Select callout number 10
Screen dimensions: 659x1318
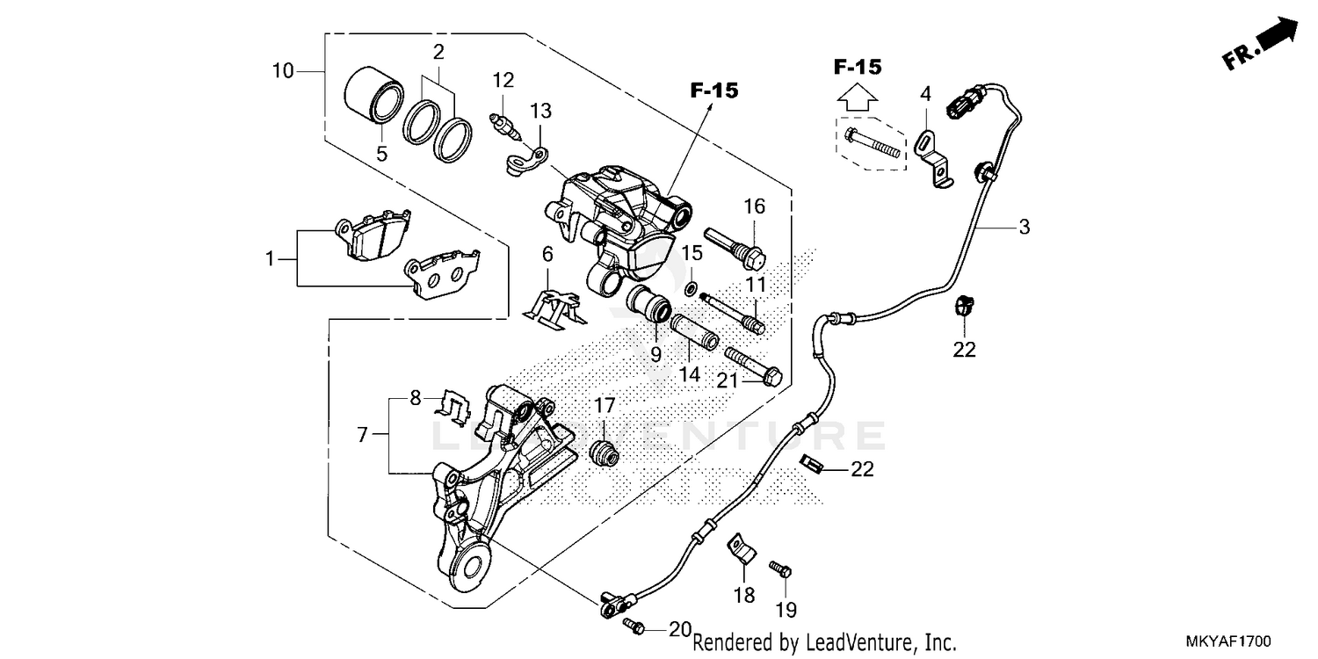(283, 70)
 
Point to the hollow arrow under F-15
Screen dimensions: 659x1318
(857, 97)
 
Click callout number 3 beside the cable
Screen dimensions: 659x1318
(1024, 228)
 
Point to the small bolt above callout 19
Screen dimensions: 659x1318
(779, 568)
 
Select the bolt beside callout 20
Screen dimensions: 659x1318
(634, 626)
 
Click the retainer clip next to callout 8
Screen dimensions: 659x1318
(453, 406)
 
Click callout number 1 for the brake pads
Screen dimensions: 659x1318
(271, 259)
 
